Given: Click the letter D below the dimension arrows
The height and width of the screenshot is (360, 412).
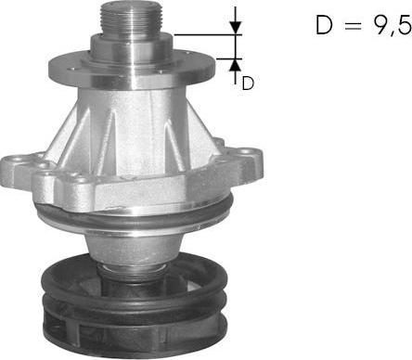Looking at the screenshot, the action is [x=248, y=84].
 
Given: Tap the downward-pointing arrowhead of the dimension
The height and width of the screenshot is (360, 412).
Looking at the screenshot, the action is [x=236, y=28].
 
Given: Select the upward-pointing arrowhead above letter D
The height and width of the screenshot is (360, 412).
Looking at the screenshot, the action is [x=236, y=65].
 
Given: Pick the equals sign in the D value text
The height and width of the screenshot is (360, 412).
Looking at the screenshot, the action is [x=353, y=25].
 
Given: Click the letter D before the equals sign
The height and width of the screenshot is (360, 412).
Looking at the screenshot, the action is [x=324, y=24].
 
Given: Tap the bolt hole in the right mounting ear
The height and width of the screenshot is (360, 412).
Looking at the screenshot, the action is [x=246, y=152].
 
